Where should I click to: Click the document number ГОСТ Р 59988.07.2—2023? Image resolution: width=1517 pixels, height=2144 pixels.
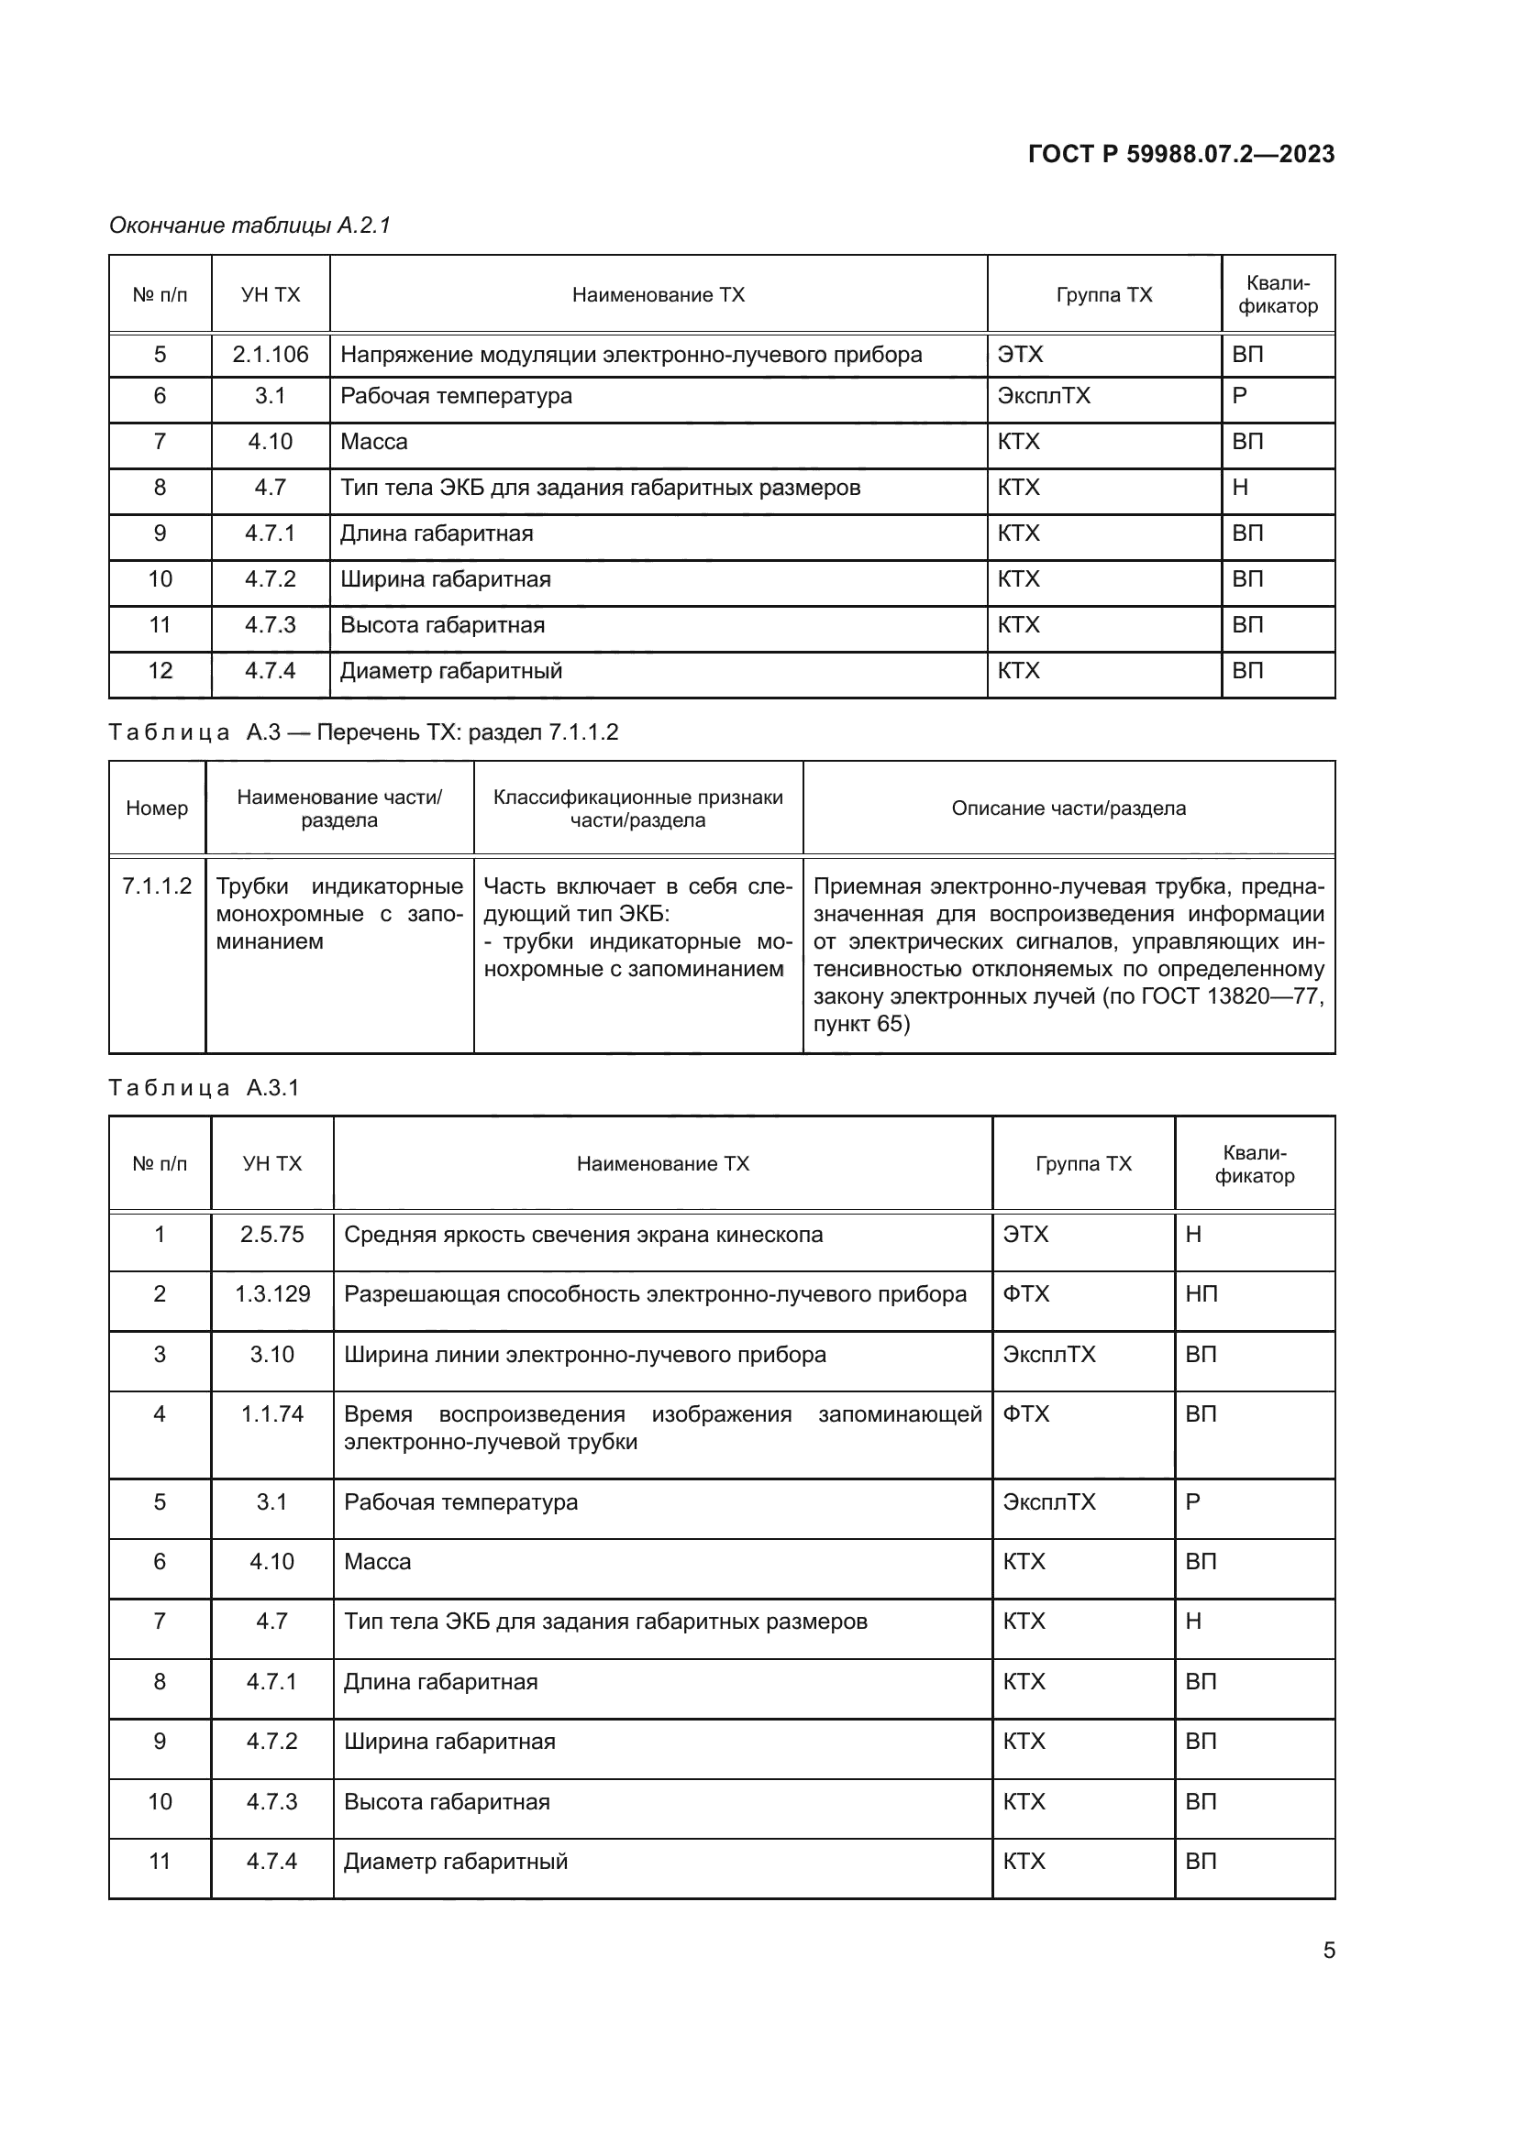(x=1180, y=154)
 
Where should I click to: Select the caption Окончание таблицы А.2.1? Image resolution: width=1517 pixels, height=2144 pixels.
(x=249, y=225)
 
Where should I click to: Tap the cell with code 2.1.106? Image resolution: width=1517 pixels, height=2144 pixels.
(x=270, y=355)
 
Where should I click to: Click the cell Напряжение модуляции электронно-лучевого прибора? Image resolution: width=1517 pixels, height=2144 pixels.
(x=630, y=355)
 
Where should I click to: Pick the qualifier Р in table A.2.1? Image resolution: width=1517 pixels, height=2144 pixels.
(x=1240, y=396)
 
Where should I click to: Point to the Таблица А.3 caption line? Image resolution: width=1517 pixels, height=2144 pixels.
(x=363, y=732)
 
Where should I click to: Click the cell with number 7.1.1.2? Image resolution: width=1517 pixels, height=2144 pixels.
(x=157, y=886)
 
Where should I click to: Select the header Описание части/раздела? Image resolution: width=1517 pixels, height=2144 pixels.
(x=1068, y=808)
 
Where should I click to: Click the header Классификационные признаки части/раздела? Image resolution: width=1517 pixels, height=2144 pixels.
(x=638, y=808)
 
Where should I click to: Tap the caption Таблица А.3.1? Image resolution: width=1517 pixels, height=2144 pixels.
(x=204, y=1088)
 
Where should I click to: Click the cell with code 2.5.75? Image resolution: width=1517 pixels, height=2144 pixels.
(x=271, y=1235)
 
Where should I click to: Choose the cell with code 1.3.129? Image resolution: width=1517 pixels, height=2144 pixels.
(x=271, y=1294)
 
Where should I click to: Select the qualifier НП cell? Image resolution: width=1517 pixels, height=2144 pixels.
(x=1201, y=1294)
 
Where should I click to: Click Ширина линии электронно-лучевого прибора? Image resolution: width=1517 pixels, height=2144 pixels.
(x=585, y=1354)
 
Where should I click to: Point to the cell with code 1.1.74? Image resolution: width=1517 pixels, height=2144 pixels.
(x=271, y=1413)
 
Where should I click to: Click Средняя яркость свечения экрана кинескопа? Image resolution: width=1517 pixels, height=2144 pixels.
(x=583, y=1235)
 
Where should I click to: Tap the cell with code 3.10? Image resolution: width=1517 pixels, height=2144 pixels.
(x=271, y=1354)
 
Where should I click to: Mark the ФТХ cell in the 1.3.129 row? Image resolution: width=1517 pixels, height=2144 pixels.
(x=1025, y=1294)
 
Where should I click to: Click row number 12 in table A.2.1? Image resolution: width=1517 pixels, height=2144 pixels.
(x=160, y=670)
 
